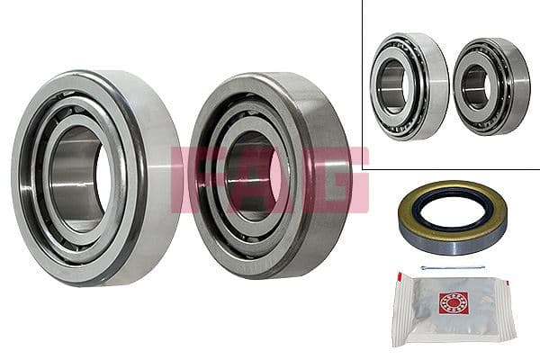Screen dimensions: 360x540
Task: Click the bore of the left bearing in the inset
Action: click(393, 86)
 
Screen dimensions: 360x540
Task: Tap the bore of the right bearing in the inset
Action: click(474, 85)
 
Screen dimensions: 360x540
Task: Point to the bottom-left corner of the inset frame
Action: click(364, 168)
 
